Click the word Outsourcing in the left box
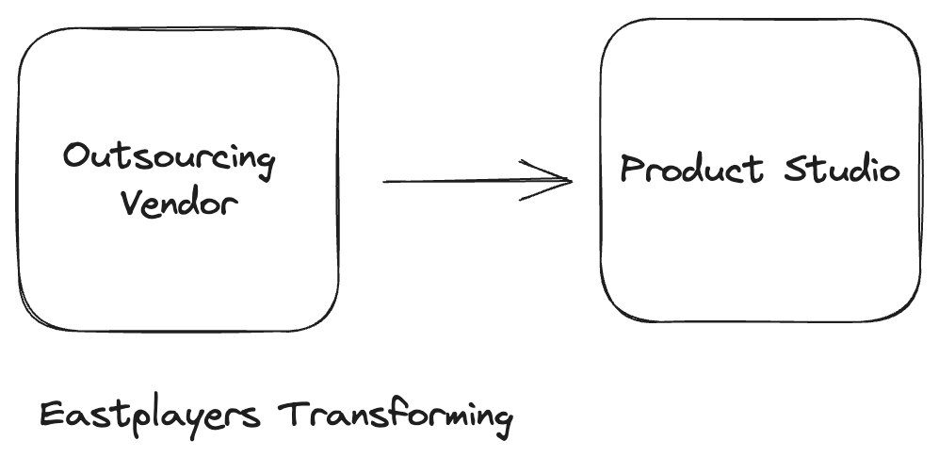pos(170,159)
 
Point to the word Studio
pos(842,170)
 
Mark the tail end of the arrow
pos(384,181)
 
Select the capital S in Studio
pos(798,170)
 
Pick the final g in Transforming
pos(502,420)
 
